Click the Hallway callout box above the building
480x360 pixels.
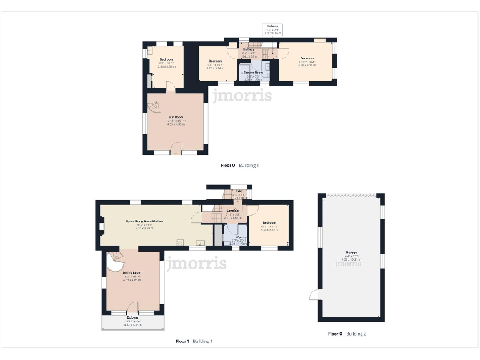pyautogui.click(x=272, y=29)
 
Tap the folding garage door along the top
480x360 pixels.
pyautogui.click(x=352, y=195)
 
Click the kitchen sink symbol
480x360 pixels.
pyautogui.click(x=201, y=242)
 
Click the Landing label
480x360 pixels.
pyautogui.click(x=232, y=213)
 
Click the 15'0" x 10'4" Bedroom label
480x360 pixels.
pyautogui.click(x=306, y=60)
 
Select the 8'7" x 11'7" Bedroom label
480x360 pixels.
pyautogui.click(x=166, y=61)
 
